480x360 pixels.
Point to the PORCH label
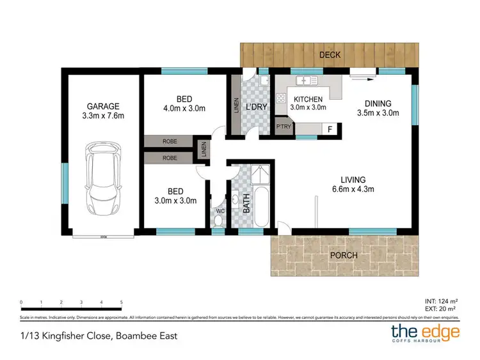click(343, 256)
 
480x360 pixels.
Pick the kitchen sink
click(307, 81)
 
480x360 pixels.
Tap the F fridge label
click(329, 129)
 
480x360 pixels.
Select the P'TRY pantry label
click(283, 127)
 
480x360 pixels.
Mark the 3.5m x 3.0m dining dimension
click(378, 114)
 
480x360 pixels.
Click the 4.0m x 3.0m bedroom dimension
click(184, 108)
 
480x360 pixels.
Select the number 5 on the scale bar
click(121, 302)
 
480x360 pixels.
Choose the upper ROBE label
click(170, 141)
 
